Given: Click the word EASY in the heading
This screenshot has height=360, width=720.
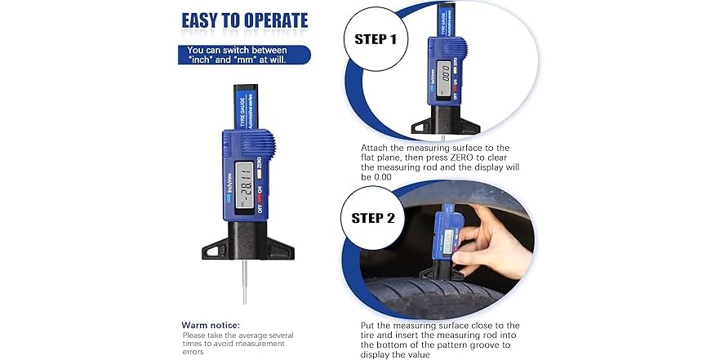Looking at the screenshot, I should click(x=206, y=21).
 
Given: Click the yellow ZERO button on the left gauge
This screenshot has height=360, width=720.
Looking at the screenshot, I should click(x=259, y=172).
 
